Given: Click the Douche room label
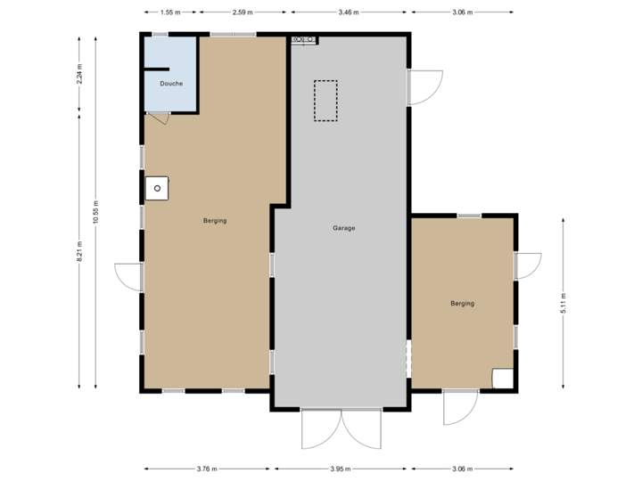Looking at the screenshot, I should [170, 84].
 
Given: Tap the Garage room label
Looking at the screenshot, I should [344, 228].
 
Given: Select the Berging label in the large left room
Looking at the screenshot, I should [215, 221].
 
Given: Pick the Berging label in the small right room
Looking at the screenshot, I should [462, 304].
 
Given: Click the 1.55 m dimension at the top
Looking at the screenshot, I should [170, 13].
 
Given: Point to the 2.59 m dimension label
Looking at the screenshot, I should [243, 13].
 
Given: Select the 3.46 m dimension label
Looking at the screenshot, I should [350, 13].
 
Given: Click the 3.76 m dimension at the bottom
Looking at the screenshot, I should [207, 469].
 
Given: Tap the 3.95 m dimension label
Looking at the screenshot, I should [342, 469].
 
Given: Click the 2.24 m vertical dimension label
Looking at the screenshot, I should [79, 73].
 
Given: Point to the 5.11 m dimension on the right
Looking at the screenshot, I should [564, 305].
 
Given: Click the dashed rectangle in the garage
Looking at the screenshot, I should [325, 101].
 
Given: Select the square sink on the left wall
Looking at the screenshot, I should [157, 188].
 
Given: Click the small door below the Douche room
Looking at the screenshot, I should [158, 118].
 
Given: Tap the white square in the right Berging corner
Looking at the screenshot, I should [503, 379].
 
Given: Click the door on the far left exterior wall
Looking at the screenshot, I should [127, 276].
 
